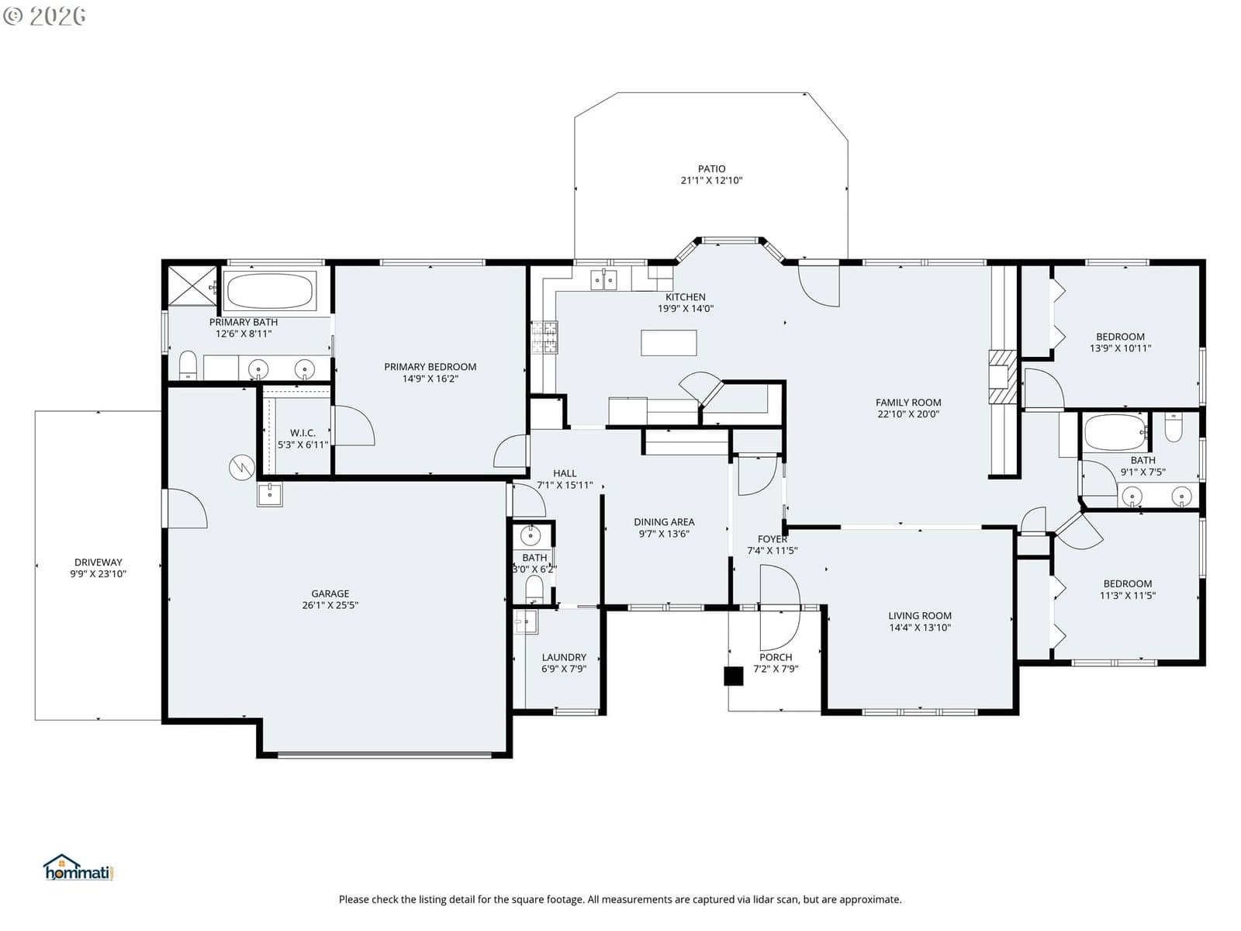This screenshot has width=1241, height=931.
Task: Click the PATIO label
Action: pos(711,168)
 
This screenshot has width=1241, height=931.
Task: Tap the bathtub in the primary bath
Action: pos(270,290)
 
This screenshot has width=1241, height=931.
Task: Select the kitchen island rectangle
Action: pos(669,343)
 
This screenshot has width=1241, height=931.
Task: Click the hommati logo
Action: pos(78,867)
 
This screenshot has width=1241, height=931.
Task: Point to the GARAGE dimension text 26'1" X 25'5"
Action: pos(330,605)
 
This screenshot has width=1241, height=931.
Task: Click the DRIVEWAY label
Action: pos(99,562)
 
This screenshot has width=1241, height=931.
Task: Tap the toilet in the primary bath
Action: pos(188,365)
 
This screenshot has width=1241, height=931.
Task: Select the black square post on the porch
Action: pos(733,676)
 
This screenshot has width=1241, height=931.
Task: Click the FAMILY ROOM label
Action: pos(908,402)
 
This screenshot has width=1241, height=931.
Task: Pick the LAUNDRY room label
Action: pos(564,657)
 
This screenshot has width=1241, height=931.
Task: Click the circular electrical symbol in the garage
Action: pos(241,468)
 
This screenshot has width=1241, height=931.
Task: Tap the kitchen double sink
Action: pos(603,280)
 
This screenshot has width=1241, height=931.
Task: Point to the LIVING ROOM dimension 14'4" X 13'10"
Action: pos(920,627)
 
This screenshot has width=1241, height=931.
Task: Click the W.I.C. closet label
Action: pos(302,432)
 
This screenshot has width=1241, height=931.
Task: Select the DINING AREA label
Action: pos(664,521)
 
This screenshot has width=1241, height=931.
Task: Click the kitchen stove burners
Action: pos(544,337)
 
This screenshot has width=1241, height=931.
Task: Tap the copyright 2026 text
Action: pos(45,16)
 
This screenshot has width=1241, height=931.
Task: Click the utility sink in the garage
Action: pos(270,495)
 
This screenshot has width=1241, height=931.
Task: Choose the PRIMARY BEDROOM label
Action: pos(430,366)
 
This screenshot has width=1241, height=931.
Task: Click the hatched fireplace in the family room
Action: pos(1002,376)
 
